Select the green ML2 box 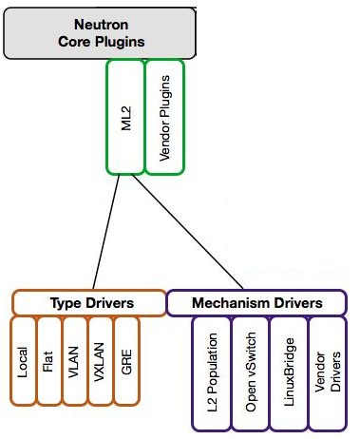(x=125, y=118)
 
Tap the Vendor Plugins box (x=163, y=118)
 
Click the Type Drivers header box (x=89, y=303)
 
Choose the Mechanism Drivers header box (x=256, y=303)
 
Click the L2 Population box (x=211, y=372)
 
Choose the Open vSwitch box (x=250, y=372)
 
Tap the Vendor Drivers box (x=327, y=372)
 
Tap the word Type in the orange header (x=66, y=303)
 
